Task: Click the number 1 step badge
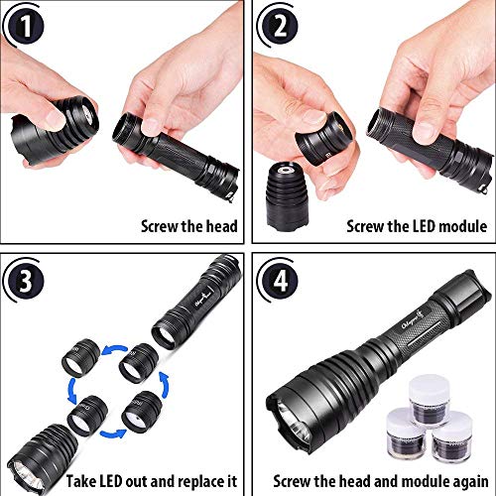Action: tap(26, 26)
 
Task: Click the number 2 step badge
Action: tap(280, 26)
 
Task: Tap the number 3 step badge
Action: tap(26, 281)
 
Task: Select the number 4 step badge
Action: tap(280, 281)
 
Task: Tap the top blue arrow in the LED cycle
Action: tap(114, 349)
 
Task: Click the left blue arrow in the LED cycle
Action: tap(72, 391)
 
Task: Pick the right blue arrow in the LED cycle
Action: tap(165, 385)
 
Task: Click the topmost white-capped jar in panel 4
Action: tap(430, 399)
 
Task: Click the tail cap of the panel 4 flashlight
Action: tap(463, 294)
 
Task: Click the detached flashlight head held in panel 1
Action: tap(54, 131)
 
